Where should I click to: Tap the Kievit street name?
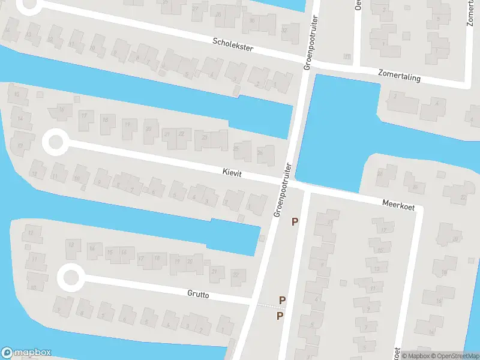(230, 172)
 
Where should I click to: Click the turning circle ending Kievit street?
(55, 143)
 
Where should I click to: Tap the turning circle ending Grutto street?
(71, 278)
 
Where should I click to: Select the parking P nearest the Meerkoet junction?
(295, 222)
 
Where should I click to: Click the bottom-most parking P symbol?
(280, 316)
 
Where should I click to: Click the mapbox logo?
(26, 353)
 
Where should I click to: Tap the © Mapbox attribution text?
(416, 355)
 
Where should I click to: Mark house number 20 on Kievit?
(148, 128)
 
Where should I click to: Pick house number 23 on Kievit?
(205, 138)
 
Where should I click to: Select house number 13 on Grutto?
(71, 244)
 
